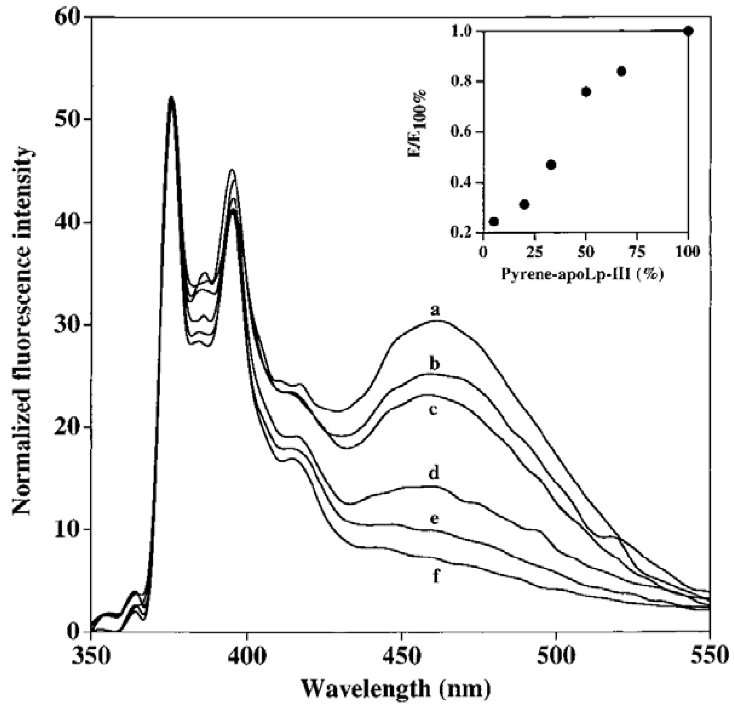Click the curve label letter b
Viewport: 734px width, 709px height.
[434, 364]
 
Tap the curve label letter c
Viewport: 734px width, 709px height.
[434, 410]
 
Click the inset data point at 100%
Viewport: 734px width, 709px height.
[688, 31]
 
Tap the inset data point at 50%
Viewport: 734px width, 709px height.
[586, 92]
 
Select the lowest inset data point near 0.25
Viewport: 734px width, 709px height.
[494, 221]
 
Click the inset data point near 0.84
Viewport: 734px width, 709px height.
[621, 71]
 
